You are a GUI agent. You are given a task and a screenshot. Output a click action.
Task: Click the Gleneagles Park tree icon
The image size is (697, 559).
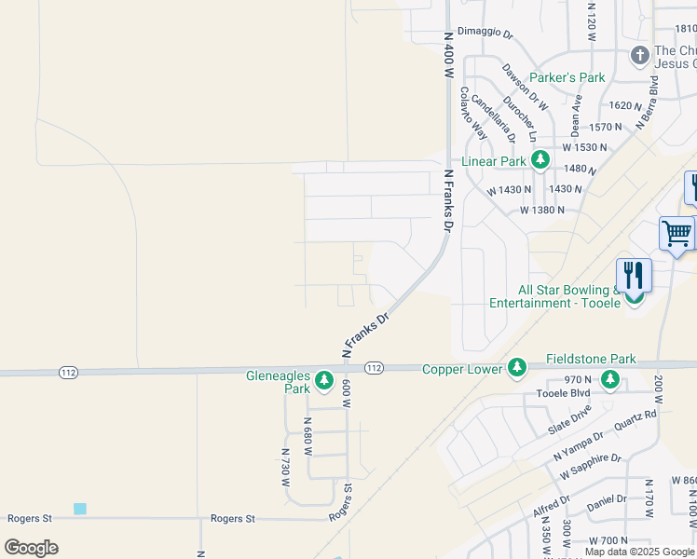[323, 380]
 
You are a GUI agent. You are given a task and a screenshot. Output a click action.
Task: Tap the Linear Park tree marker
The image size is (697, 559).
[540, 160]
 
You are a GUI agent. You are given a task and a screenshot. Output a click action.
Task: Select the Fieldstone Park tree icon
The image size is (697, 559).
[609, 379]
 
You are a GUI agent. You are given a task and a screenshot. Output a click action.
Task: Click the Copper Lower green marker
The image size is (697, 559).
[516, 369]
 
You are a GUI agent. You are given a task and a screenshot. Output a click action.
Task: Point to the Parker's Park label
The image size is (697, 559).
[567, 77]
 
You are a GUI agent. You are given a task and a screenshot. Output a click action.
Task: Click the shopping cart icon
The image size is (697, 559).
[676, 232]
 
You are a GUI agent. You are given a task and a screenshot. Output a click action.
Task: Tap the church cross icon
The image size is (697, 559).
[639, 55]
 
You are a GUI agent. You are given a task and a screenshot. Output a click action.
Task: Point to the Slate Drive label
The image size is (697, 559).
[570, 417]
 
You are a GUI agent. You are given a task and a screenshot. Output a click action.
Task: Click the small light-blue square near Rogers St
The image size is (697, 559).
[79, 509]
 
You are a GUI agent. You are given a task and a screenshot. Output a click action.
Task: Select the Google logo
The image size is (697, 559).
[31, 547]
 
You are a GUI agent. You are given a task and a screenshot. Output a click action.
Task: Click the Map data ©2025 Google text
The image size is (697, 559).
[639, 552]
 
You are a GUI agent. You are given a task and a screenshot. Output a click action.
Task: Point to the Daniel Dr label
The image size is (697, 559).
[607, 504]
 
